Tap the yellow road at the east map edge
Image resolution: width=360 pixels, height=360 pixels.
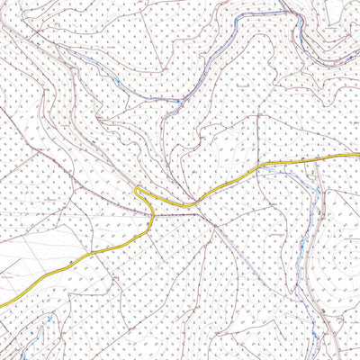point(357,155)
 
